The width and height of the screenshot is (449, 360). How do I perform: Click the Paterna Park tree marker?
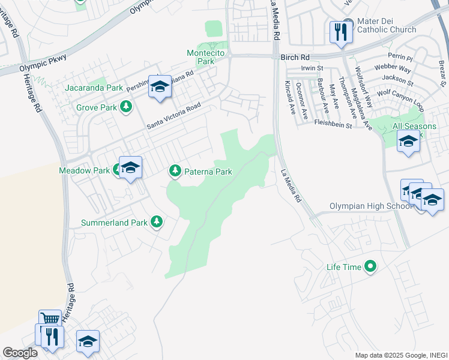click(x=175, y=172)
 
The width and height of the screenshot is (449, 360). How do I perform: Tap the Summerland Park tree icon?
click(x=157, y=223)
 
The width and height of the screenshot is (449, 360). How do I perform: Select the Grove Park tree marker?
click(x=126, y=107)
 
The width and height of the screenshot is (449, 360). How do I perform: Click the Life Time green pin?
click(x=371, y=266)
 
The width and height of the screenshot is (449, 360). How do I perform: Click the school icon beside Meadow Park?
click(x=130, y=168)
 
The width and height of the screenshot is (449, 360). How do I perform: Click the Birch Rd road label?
click(x=294, y=57)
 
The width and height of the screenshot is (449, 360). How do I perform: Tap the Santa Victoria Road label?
click(x=174, y=118)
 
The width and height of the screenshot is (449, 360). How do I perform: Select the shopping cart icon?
click(x=50, y=320)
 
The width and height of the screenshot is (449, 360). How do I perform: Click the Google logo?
click(x=20, y=353)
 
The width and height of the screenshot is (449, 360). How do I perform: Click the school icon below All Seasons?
click(x=408, y=142)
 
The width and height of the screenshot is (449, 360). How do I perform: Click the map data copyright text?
click(x=401, y=355)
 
